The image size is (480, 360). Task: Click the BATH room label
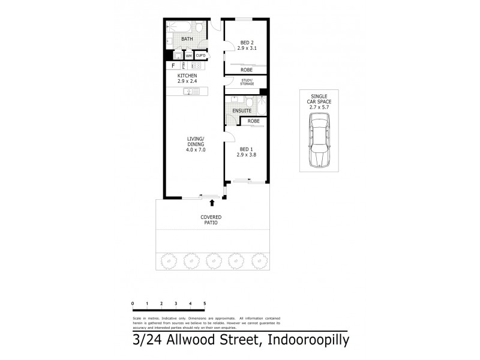187,40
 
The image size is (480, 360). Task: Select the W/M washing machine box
188,56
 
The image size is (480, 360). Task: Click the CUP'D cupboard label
200,56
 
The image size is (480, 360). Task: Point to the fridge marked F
173,65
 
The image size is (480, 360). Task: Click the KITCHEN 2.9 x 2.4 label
187,79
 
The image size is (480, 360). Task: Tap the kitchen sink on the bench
191,91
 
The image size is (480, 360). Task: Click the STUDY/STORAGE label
247,82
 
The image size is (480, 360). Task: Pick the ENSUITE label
242,111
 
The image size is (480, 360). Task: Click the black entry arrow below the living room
211,204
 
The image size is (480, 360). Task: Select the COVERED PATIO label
211,220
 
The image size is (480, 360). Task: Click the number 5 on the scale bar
205,304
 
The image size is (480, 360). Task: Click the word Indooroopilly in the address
298,341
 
